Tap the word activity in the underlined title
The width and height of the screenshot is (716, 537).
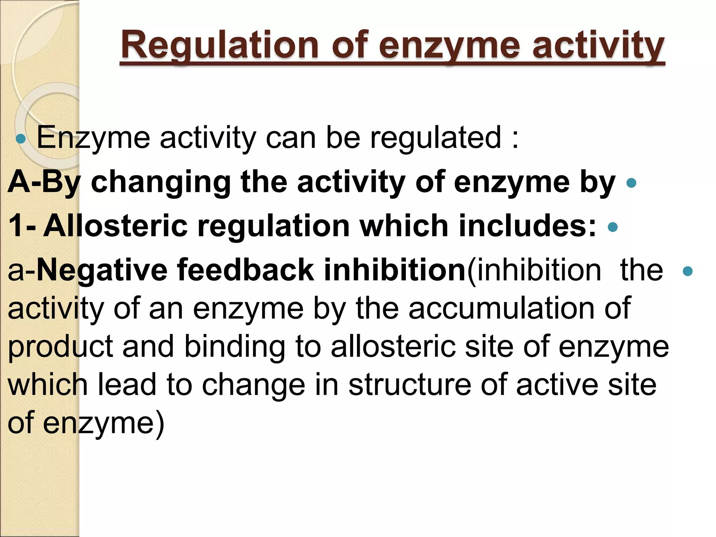[x=598, y=45]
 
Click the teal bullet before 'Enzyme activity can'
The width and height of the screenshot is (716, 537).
[x=21, y=139]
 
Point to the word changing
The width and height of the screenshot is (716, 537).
[x=160, y=182]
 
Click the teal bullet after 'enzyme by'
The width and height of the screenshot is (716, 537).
[x=631, y=183]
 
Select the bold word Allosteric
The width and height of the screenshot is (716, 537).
[x=115, y=226]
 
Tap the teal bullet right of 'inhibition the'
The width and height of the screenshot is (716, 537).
[x=687, y=271]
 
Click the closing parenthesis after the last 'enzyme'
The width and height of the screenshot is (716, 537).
[x=159, y=424]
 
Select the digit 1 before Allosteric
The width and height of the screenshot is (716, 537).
[x=16, y=226]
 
